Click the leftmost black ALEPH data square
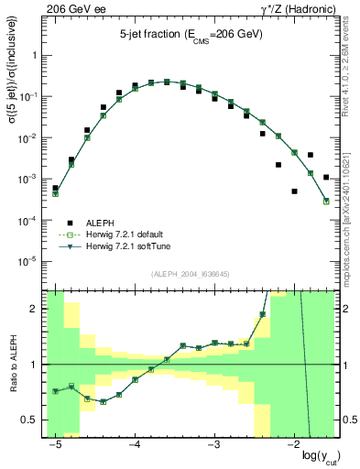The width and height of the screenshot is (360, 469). coord(55,188)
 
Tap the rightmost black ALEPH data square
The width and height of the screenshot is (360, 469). coord(326,177)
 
